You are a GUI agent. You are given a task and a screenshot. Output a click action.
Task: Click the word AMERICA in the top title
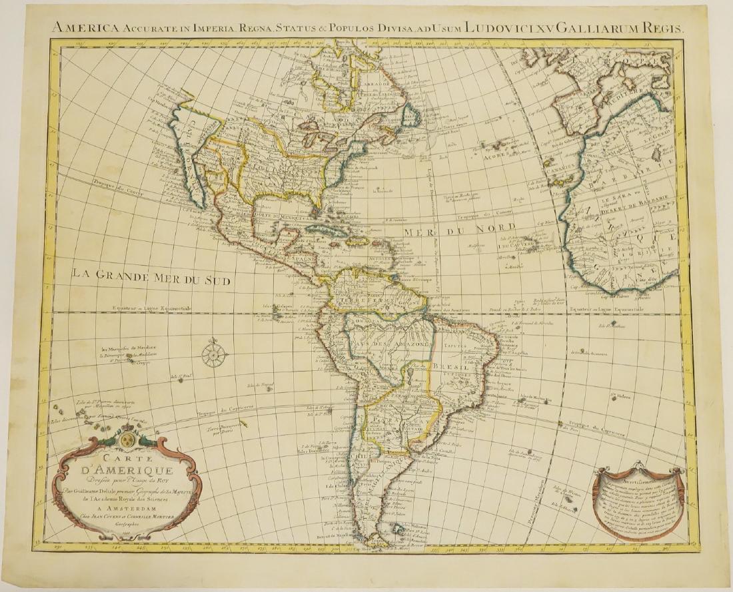point(81,28)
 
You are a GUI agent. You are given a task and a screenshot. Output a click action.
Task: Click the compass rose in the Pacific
point(214,353)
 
